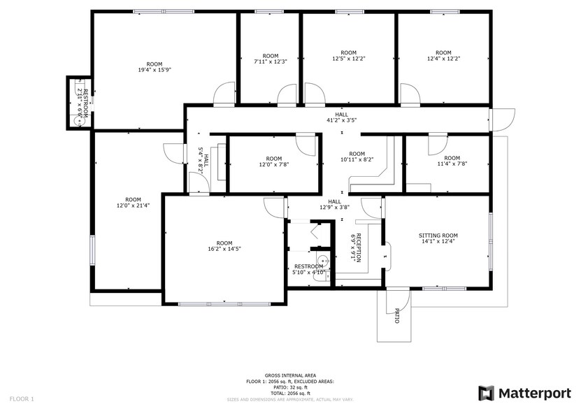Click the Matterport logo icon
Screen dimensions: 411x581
click(486, 393)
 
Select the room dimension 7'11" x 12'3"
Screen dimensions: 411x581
click(270, 62)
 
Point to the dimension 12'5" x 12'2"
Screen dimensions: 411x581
click(348, 59)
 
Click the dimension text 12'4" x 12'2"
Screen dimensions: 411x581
click(443, 59)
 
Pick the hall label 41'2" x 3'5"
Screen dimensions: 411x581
click(341, 120)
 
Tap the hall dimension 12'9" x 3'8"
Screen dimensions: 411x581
click(334, 207)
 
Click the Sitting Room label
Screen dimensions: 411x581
click(438, 242)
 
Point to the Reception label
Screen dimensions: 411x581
click(356, 248)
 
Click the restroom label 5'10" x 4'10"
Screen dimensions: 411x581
click(308, 272)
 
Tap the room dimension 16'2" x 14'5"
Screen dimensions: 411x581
click(224, 249)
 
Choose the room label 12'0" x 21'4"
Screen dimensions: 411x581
click(128, 206)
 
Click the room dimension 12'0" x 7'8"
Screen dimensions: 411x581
click(273, 164)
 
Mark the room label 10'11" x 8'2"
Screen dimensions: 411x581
click(357, 159)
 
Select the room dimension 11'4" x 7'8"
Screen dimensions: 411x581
click(452, 164)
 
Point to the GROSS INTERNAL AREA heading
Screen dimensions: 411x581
click(289, 375)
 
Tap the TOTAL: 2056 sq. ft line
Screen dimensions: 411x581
click(289, 394)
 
